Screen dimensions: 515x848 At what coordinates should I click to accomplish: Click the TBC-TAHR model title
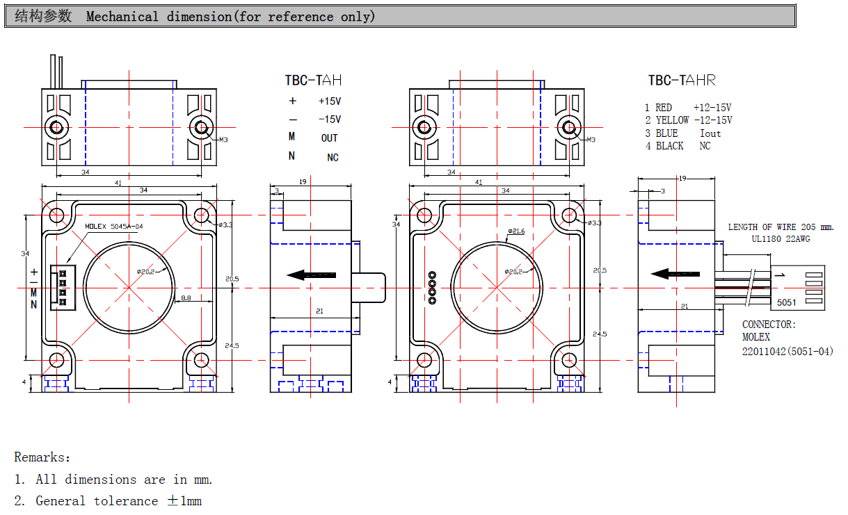pyautogui.click(x=681, y=81)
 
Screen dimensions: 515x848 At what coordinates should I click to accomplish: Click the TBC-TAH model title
pyautogui.click(x=313, y=81)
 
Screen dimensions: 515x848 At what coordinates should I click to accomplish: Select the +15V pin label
pyautogui.click(x=330, y=101)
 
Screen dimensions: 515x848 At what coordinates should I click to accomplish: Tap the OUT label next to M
pyautogui.click(x=329, y=138)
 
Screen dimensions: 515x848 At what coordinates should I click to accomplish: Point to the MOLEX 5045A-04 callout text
pyautogui.click(x=114, y=227)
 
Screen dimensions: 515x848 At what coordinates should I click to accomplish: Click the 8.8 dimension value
pyautogui.click(x=186, y=297)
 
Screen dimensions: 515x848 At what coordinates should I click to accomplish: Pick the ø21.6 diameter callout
pyautogui.click(x=515, y=231)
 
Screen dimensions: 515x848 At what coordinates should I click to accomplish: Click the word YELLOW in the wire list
pyautogui.click(x=672, y=120)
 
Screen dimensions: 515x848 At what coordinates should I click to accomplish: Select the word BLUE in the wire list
pyautogui.click(x=666, y=133)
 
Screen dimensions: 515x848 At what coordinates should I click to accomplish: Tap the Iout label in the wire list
pyautogui.click(x=710, y=133)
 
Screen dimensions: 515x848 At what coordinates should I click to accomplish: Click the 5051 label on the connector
pyautogui.click(x=787, y=302)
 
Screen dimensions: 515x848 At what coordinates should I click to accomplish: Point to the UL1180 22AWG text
pyautogui.click(x=781, y=239)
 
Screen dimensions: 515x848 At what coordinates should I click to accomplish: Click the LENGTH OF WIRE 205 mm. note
pyautogui.click(x=781, y=227)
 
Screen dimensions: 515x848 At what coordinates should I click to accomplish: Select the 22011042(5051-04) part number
pyautogui.click(x=787, y=351)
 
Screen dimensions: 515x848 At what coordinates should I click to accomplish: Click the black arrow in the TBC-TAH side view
pyautogui.click(x=312, y=275)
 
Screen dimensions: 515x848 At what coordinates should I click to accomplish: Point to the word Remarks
pyautogui.click(x=42, y=457)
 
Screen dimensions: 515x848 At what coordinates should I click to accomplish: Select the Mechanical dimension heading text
pyautogui.click(x=230, y=17)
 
